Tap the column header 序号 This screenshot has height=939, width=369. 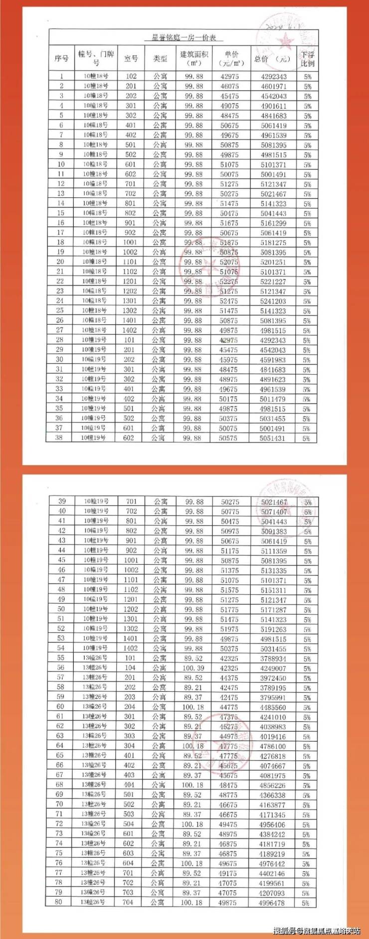coord(61,59)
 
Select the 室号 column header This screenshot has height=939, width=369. coord(131,59)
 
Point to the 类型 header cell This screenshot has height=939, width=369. coord(160,59)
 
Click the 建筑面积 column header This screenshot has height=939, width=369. coord(193,58)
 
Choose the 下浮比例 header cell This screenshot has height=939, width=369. coord(308,59)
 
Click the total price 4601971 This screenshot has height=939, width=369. coord(273,86)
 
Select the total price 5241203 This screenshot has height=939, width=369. coord(273,301)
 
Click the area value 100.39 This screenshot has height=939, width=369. coord(193,668)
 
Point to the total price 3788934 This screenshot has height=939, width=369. coord(273,659)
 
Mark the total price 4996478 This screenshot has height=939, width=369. coord(272,903)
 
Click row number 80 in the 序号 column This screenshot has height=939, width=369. coord(59,902)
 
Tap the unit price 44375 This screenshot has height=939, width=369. coord(229,678)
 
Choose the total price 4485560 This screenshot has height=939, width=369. coord(273,707)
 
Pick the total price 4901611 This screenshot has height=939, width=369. coord(273,106)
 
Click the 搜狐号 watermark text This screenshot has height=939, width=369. coord(284,931)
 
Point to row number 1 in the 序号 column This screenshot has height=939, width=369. coord(61,76)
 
